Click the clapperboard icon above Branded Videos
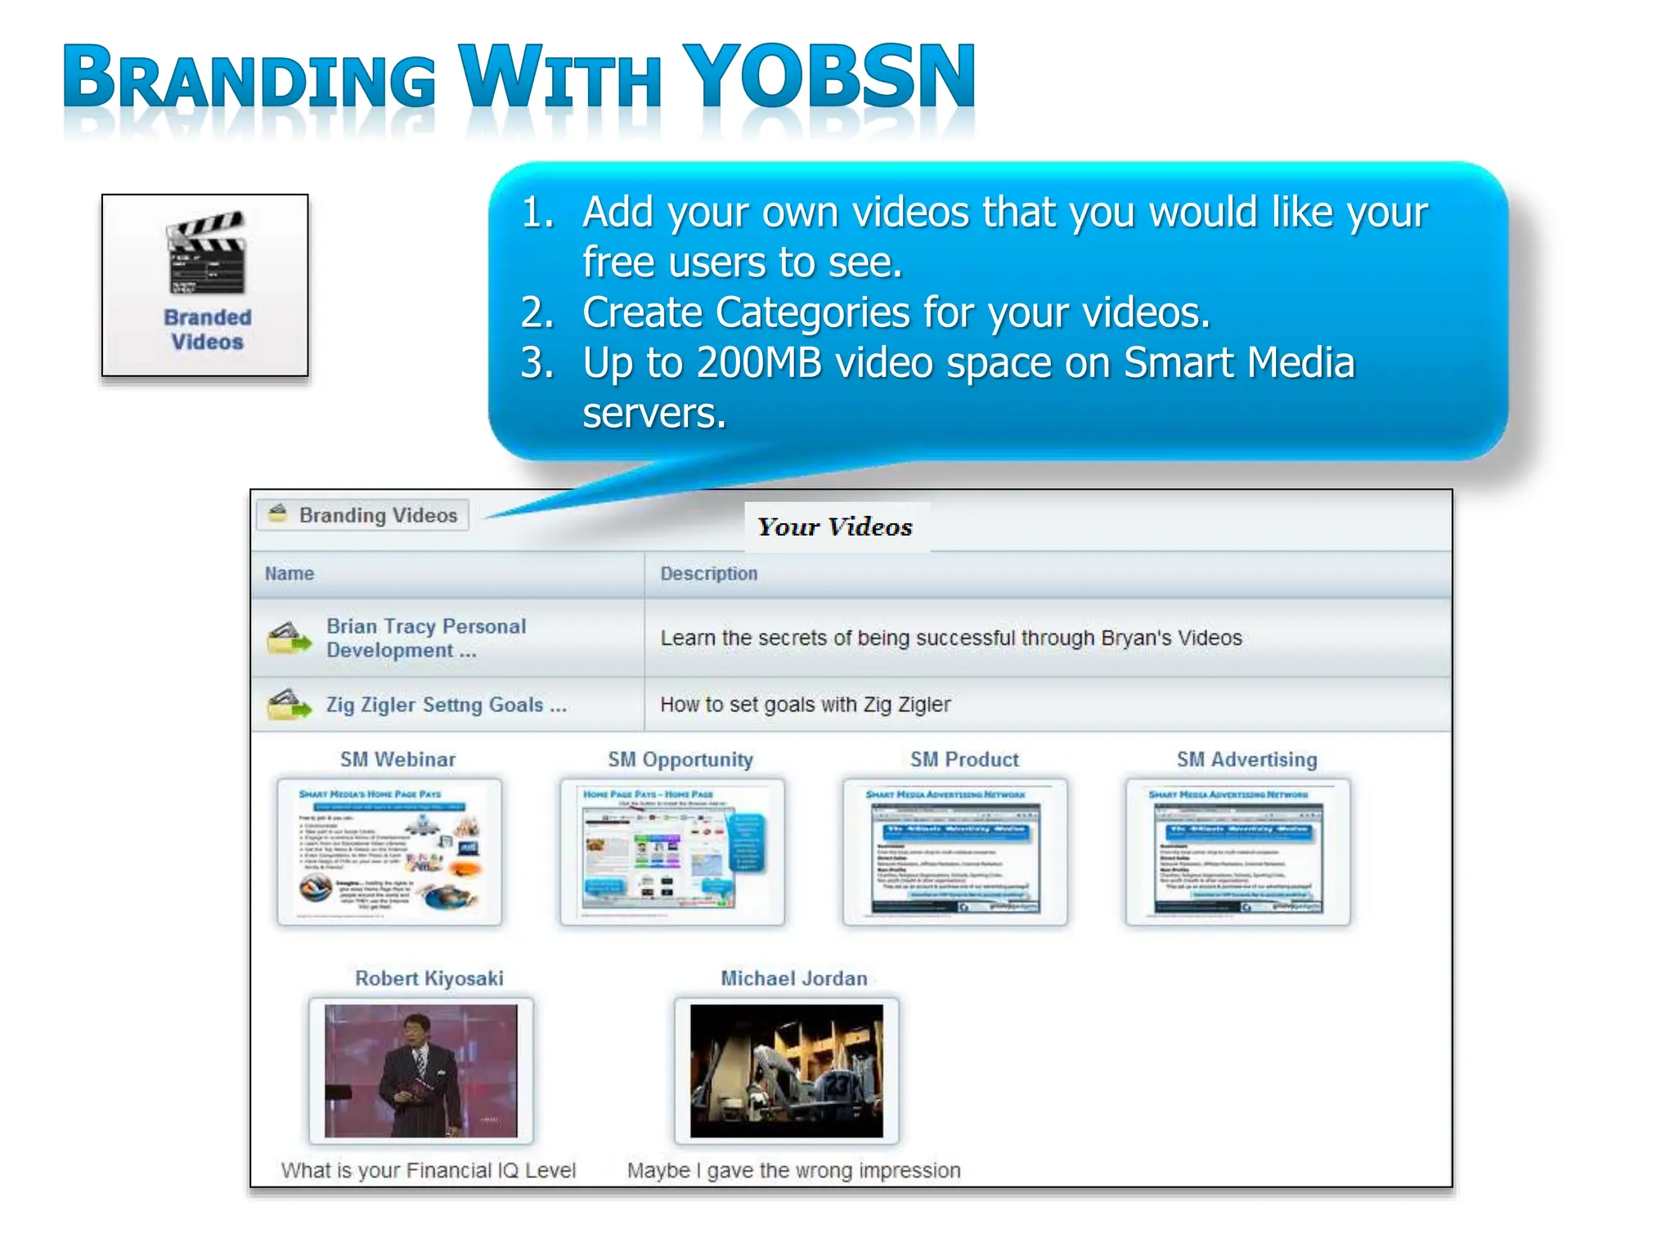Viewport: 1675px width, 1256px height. pyautogui.click(x=206, y=253)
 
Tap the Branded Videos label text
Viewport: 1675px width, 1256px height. pyautogui.click(x=207, y=330)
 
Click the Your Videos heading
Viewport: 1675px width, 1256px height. pyautogui.click(x=834, y=527)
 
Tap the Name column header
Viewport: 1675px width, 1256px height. pyautogui.click(x=290, y=573)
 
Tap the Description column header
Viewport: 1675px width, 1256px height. pyautogui.click(x=708, y=573)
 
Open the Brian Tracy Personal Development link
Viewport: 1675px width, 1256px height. pyautogui.click(x=425, y=638)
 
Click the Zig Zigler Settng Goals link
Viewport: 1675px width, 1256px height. pyautogui.click(x=446, y=705)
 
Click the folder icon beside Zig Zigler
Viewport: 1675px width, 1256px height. pyautogui.click(x=289, y=704)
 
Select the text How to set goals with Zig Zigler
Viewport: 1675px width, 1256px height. pyautogui.click(x=805, y=704)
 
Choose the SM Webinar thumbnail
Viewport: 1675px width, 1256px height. pyautogui.click(x=389, y=851)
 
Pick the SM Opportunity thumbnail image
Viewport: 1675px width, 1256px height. pyautogui.click(x=672, y=851)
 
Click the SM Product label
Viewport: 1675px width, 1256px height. pyautogui.click(x=964, y=760)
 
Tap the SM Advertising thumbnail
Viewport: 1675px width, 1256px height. pyautogui.click(x=1237, y=851)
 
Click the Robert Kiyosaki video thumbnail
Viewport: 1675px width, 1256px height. pyautogui.click(x=421, y=1070)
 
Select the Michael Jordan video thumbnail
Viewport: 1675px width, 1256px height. pyautogui.click(x=786, y=1070)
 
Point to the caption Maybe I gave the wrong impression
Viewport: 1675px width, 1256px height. pyautogui.click(x=793, y=1170)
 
